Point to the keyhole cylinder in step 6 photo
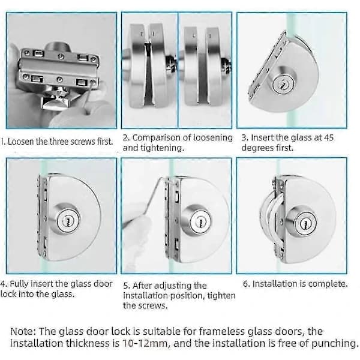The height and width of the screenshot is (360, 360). [x=305, y=222]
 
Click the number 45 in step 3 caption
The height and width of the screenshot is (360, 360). [x=329, y=137]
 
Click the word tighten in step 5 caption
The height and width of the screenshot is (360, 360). [x=221, y=296]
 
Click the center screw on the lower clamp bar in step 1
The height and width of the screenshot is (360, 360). [x=59, y=79]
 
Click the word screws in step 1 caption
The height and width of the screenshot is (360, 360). [x=83, y=142]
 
